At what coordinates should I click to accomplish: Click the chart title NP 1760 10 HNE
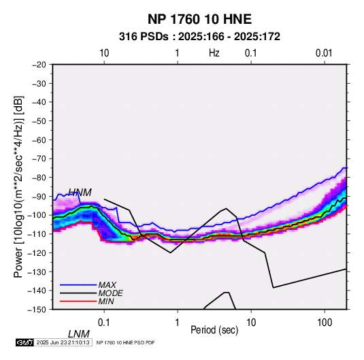coord(199,19)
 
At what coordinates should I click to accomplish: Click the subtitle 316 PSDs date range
coord(199,37)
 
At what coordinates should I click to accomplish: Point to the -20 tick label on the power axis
coord(39,65)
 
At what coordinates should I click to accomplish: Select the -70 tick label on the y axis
coord(39,159)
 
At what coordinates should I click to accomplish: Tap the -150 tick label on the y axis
coord(37,310)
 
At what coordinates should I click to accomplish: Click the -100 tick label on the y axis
coord(37,215)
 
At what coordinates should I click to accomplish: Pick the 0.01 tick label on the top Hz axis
coord(324,53)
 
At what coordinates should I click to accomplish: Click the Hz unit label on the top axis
coord(214,53)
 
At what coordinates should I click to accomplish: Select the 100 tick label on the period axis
coord(325,323)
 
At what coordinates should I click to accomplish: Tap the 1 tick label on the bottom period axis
coord(177,323)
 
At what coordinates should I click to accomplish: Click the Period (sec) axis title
coord(214,330)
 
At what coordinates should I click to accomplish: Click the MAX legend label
coord(107,285)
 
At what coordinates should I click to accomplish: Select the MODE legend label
coord(110,293)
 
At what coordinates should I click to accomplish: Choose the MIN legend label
coord(106,301)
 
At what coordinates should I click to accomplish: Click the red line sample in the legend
coord(78,301)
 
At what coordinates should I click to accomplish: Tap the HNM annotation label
coord(80,193)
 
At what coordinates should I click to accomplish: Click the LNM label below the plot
coord(79,334)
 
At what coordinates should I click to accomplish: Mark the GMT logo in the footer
coord(24,342)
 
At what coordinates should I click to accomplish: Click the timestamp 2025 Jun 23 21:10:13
coord(63,342)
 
